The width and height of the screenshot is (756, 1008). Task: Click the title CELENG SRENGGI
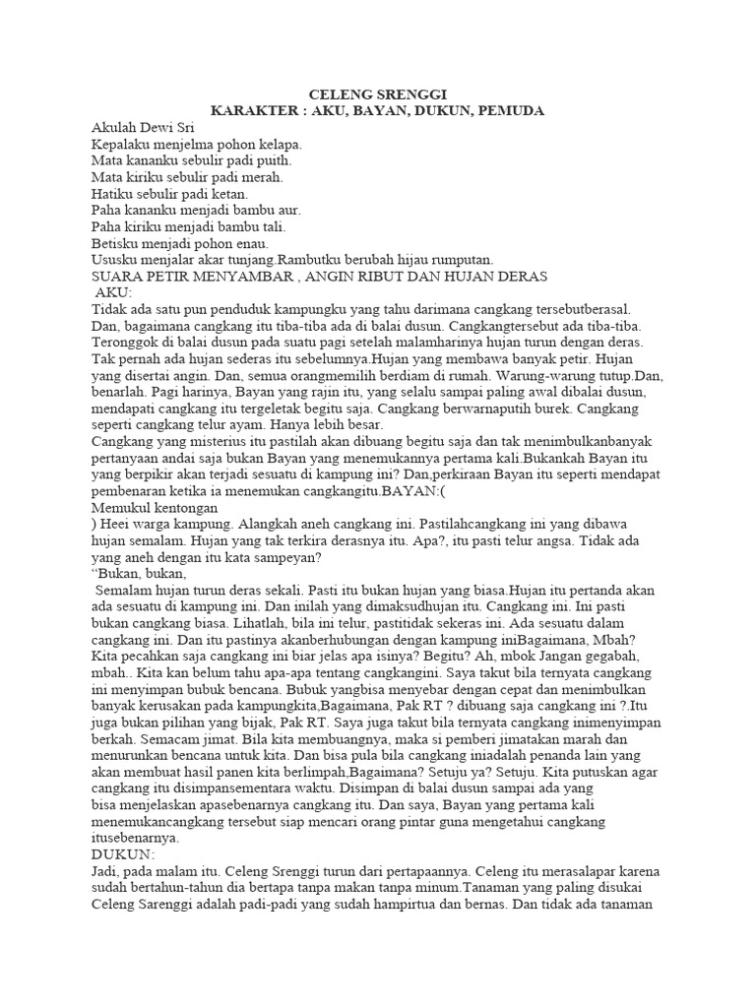point(378,94)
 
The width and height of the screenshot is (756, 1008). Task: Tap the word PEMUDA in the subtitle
point(510,111)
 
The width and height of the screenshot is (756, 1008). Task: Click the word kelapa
point(277,144)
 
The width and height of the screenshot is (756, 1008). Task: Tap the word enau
point(264,243)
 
